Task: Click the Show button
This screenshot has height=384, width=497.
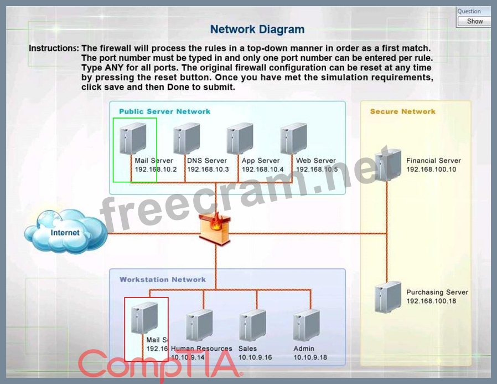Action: coord(474,22)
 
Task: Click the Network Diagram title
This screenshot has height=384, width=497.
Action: coord(257,29)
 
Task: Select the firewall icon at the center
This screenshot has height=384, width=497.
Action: coord(215,227)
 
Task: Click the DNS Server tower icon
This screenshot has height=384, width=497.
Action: coord(187,139)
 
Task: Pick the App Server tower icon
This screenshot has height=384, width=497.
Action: coord(240,139)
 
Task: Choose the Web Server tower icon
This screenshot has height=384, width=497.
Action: coord(293,139)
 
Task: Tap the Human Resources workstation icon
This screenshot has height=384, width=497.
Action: coord(199,325)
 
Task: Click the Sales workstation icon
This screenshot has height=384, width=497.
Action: coord(252,325)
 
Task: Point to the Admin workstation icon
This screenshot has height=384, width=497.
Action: coord(306,325)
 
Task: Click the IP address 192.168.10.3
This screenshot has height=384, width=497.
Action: coord(208,170)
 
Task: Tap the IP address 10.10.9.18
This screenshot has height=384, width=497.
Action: coord(310,357)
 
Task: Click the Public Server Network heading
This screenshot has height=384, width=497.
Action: coord(165,111)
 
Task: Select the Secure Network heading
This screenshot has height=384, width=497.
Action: coord(403,111)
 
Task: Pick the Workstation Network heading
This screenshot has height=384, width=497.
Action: coord(163,280)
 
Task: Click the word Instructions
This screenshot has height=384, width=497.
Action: coord(54,49)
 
